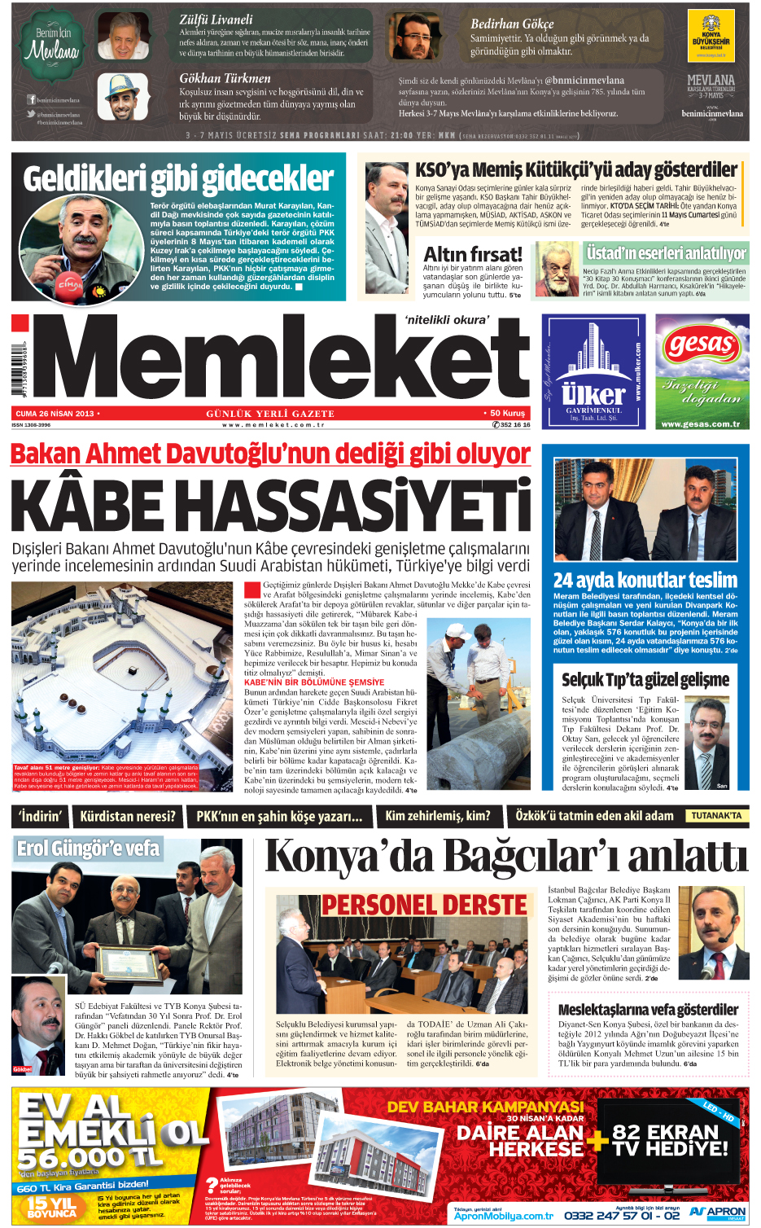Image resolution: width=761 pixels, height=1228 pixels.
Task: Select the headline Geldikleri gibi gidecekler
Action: click(178, 178)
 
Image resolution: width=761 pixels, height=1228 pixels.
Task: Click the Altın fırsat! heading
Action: click(473, 253)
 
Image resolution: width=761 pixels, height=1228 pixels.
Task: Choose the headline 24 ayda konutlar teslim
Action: click(645, 581)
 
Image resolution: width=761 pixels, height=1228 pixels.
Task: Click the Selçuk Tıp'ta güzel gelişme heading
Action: click(645, 679)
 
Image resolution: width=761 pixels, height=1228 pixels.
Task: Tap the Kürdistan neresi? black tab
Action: click(128, 816)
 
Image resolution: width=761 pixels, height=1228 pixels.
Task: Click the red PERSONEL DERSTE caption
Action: click(424, 905)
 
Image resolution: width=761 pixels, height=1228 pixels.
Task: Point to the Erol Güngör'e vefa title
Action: click(88, 849)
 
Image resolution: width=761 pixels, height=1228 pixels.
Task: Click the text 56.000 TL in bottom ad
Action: click(90, 1157)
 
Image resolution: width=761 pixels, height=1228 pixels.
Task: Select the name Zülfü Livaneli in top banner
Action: click(216, 20)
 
